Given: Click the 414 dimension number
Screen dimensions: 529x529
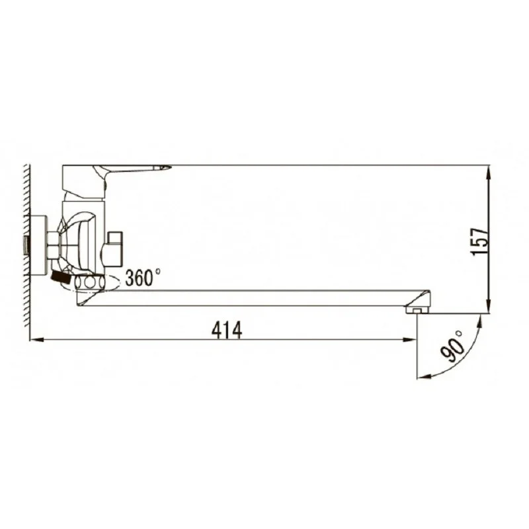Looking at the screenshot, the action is [x=227, y=330].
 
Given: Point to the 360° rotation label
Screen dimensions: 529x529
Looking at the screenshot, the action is [x=143, y=277].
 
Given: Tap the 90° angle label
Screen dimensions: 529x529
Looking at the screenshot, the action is [x=452, y=346].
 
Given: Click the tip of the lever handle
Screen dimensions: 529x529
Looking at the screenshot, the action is [x=171, y=167].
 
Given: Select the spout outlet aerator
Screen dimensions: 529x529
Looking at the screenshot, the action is [x=417, y=309].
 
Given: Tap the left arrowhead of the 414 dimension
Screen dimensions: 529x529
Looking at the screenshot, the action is [x=36, y=340].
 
